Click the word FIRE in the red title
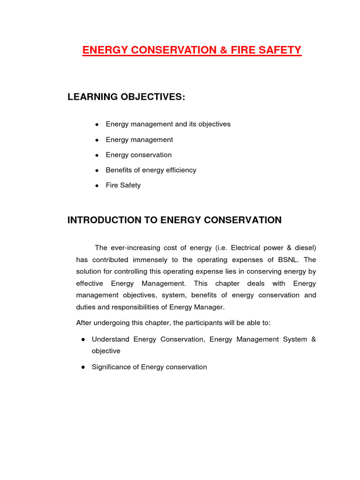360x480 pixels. (237, 50)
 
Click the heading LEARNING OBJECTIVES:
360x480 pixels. (126, 97)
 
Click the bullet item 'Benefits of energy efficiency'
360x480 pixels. (151, 170)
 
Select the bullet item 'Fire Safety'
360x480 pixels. (123, 185)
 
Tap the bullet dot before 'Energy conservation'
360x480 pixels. (97, 155)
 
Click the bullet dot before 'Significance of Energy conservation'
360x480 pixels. (82, 367)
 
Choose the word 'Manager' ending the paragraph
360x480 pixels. (211, 307)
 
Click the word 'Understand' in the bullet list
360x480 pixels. (110, 339)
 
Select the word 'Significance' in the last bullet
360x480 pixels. (111, 367)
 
